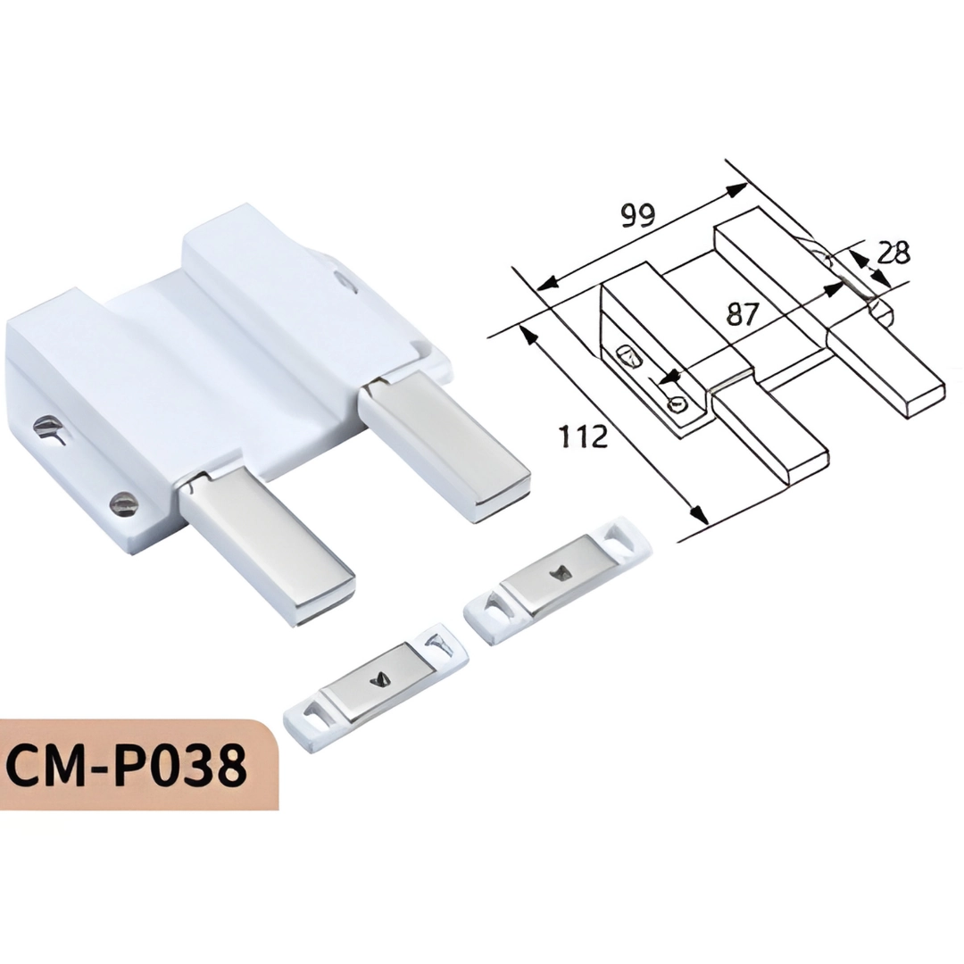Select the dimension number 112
[583, 437]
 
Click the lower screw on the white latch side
[123, 504]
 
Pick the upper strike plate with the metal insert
[557, 579]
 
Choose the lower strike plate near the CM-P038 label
[375, 686]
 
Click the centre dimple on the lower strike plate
[378, 681]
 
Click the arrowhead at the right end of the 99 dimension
[737, 189]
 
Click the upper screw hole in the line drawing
[629, 357]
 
